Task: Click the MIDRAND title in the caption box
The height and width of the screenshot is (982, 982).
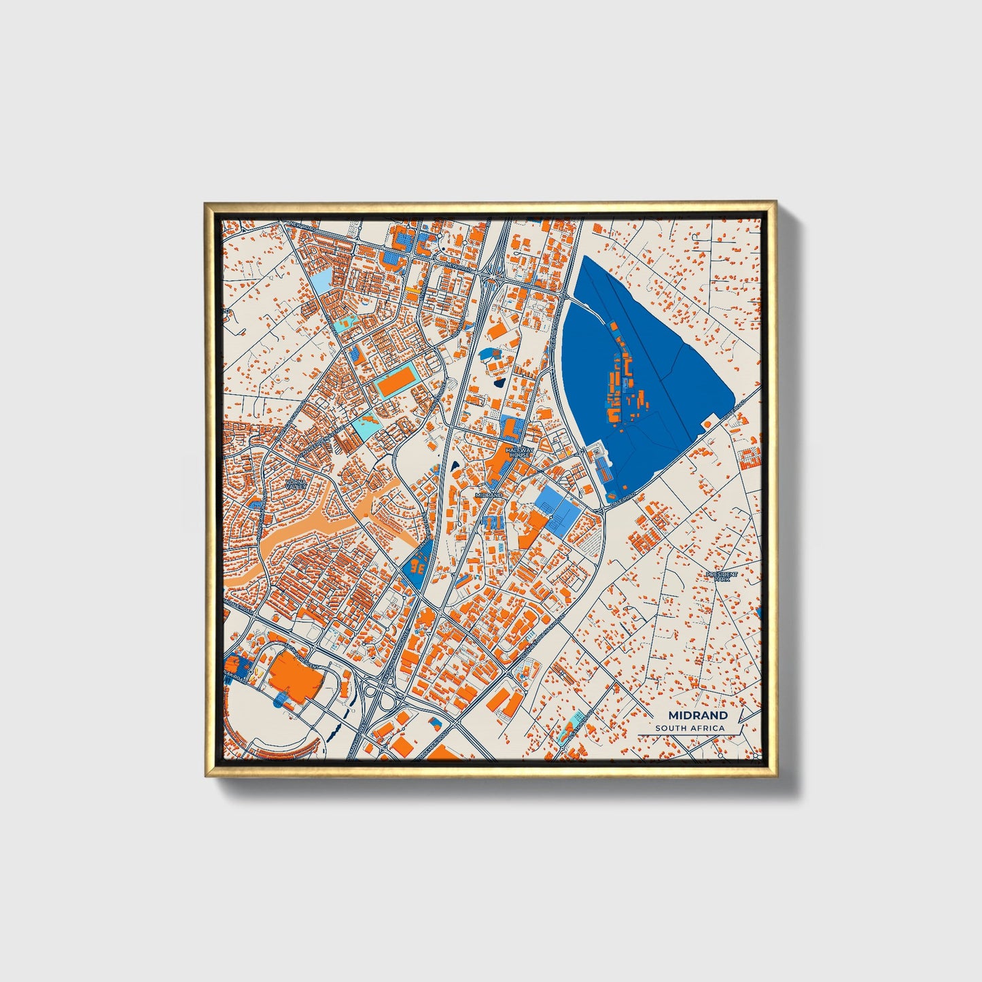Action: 697,715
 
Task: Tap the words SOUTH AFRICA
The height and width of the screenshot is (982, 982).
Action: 690,728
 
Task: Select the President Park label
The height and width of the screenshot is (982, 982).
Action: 721,576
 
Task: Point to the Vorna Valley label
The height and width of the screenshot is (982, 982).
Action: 296,484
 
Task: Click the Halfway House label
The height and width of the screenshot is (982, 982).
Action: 520,451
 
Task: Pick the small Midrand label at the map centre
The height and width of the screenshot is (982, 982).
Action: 489,495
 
